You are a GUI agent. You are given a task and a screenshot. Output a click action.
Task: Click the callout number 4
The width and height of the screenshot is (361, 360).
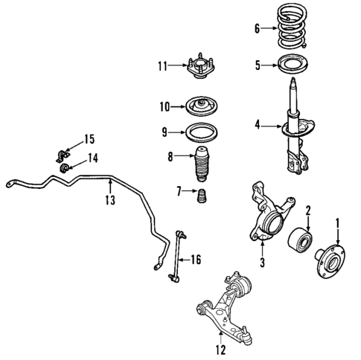click(258, 126)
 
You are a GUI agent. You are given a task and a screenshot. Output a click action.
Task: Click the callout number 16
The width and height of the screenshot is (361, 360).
click(195, 260)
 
